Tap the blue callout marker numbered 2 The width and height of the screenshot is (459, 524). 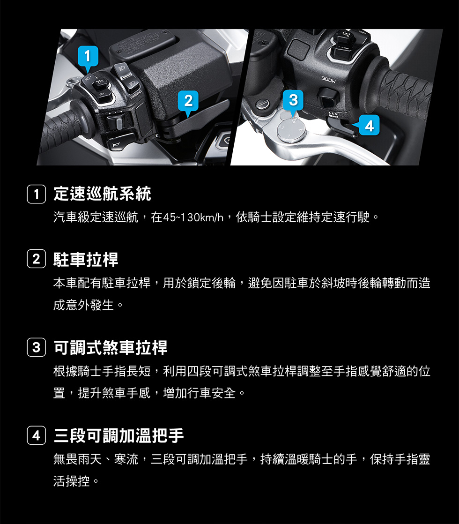[188, 101]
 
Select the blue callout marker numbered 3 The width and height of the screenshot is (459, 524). [293, 101]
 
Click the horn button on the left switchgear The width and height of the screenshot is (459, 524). [119, 142]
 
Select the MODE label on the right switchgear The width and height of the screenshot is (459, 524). [329, 80]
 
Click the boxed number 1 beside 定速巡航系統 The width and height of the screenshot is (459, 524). [37, 194]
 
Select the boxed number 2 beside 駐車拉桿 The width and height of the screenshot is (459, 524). [37, 259]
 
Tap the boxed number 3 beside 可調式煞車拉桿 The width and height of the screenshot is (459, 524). [37, 347]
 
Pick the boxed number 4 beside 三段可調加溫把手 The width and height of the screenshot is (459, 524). [37, 435]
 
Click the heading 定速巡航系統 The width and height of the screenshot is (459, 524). [102, 194]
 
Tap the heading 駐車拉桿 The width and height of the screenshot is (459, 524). [86, 259]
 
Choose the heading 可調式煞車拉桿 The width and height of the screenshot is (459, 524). [111, 347]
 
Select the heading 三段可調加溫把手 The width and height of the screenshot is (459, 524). [118, 435]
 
